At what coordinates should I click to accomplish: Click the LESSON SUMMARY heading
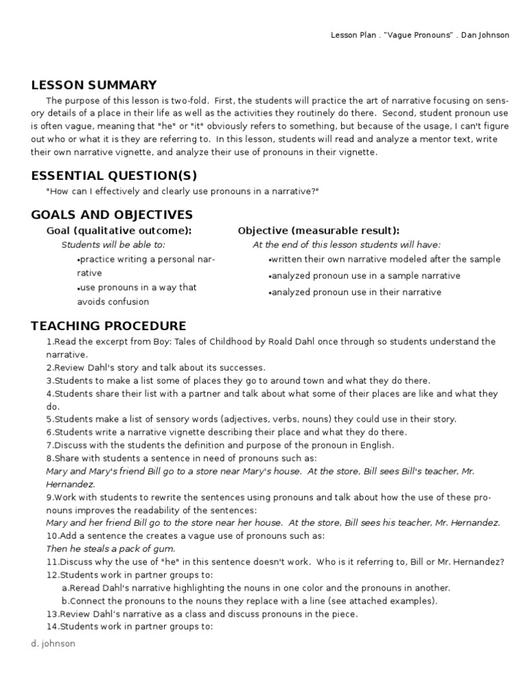94,85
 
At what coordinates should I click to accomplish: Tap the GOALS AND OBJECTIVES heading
112,215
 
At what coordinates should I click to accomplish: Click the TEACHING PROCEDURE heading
109,326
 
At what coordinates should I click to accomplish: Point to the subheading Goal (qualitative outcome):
118,231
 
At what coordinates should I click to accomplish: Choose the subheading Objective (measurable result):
319,231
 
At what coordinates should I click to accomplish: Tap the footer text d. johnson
53,643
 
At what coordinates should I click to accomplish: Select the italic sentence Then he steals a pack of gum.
111,549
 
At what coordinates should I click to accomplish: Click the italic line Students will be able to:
113,245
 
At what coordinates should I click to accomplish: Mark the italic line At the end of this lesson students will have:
347,245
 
